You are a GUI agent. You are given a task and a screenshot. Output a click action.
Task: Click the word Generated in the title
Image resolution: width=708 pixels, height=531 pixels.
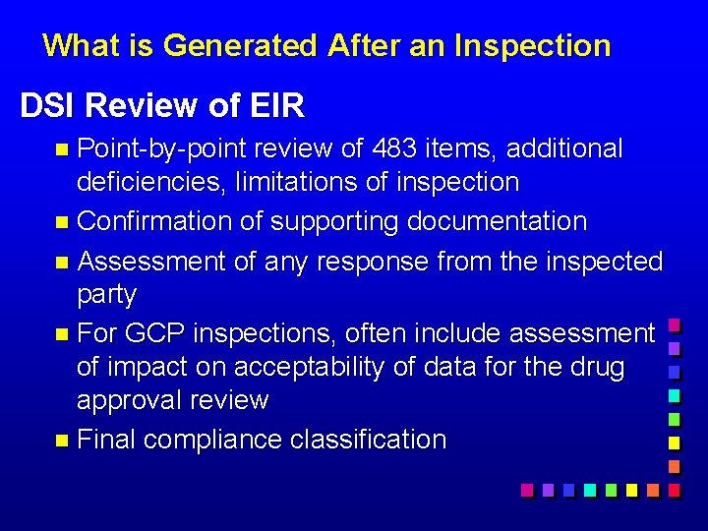[x=241, y=45]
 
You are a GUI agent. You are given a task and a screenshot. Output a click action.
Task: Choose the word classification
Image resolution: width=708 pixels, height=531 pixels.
[x=369, y=440]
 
